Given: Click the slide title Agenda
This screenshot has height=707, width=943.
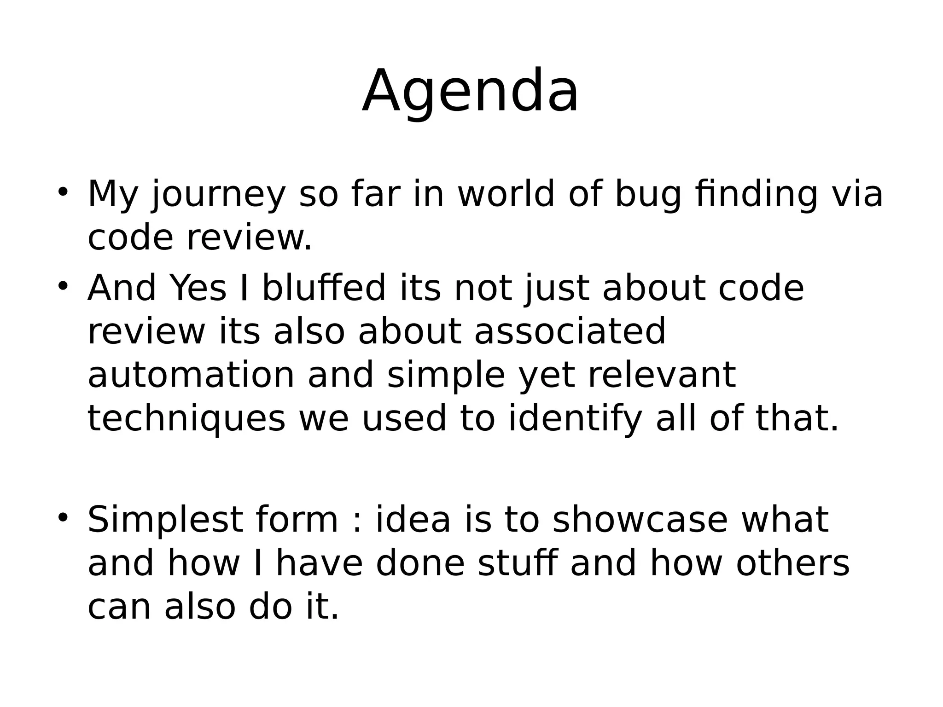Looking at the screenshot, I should point(470,92).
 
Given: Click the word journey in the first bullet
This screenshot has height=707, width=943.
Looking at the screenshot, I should point(218,195).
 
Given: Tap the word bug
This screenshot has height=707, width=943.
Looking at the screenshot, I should point(648,195).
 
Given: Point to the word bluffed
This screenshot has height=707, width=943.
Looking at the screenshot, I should point(324,288).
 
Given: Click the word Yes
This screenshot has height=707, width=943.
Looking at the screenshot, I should point(198,288).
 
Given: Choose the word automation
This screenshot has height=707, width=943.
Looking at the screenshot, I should point(191,375).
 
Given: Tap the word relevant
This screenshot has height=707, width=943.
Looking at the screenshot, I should point(662,375).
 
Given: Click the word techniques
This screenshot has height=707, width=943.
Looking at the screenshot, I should point(186,419).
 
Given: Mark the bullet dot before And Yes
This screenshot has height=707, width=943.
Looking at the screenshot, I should point(63,285).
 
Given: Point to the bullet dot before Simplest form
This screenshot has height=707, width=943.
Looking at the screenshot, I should point(63,516).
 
